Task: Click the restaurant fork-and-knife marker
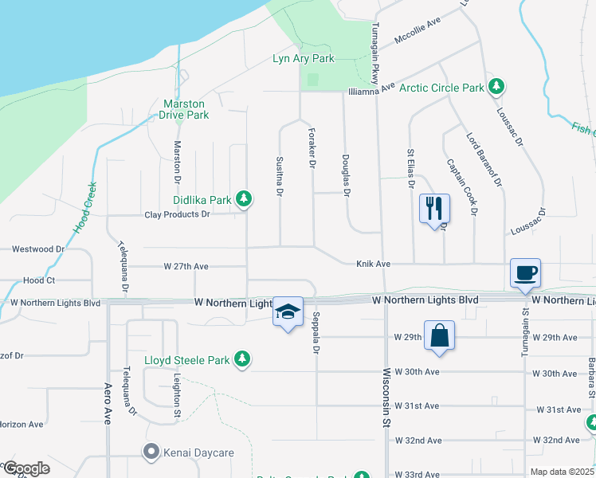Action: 434,210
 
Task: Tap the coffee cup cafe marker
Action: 525,273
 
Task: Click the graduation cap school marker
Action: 288,312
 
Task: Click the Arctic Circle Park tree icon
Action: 496,86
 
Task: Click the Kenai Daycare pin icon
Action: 151,453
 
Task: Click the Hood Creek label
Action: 85,207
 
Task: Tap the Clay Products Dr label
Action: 177,214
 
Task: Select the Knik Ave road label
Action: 372,264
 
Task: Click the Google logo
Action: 26,468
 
